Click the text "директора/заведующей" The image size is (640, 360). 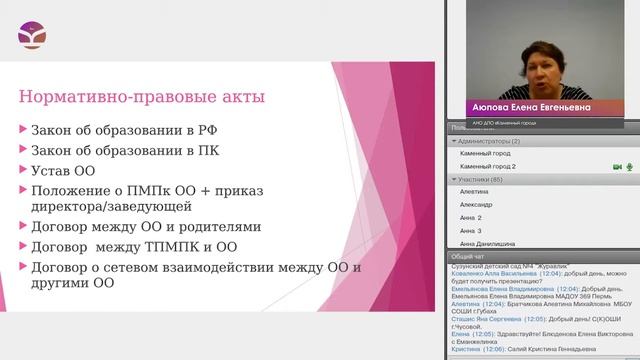pos(112,206)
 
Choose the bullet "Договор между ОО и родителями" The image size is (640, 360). pos(145,227)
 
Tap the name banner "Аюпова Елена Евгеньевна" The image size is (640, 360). pos(531,107)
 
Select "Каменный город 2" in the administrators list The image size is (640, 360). pos(494,166)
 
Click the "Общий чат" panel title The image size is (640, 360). pos(469,256)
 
